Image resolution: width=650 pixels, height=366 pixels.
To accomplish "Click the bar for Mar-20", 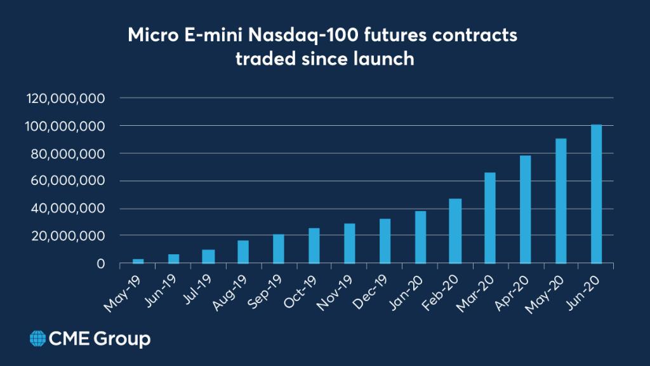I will [490, 218].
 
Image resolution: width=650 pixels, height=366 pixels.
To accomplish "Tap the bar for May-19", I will [138, 261].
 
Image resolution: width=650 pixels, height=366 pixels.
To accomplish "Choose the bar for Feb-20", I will [455, 231].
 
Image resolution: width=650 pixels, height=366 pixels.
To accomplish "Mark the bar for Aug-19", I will [243, 252].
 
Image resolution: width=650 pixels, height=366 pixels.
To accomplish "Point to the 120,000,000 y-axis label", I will [65, 98].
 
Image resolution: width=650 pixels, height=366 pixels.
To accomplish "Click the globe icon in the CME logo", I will [37, 339].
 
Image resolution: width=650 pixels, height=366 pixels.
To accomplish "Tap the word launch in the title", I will [384, 59].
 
